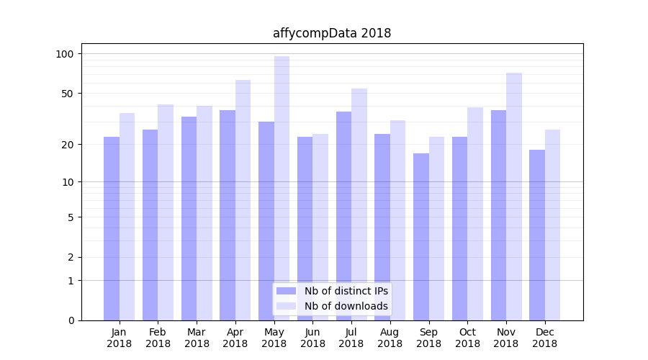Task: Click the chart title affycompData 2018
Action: point(332,33)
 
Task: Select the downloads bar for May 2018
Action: point(282,188)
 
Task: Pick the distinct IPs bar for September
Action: point(421,237)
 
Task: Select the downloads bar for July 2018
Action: point(359,204)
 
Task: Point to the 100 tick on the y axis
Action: point(65,54)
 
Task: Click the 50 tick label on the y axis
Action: point(68,94)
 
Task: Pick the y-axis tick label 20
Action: point(68,145)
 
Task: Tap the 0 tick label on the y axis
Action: point(71,320)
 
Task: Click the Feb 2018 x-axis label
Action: point(158,338)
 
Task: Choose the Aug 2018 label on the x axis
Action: point(390,338)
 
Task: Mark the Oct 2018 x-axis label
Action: point(467,338)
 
